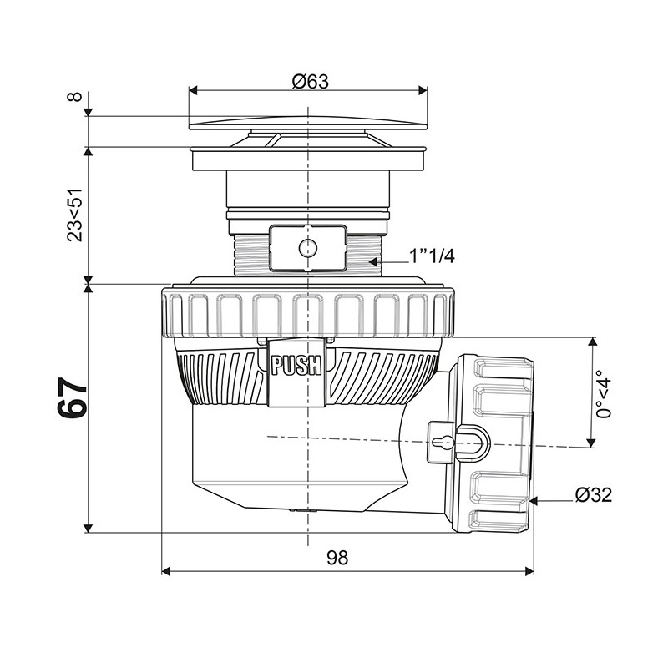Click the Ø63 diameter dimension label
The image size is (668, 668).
311,81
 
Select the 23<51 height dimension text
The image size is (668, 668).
74,215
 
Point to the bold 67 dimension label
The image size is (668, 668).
72,398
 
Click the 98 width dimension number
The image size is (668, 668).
337,557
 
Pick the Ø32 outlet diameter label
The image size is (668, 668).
594,494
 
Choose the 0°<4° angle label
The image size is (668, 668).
604,394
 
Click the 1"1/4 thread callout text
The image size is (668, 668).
432,256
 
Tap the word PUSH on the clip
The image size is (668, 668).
296,366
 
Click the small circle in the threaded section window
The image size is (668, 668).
307,247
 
